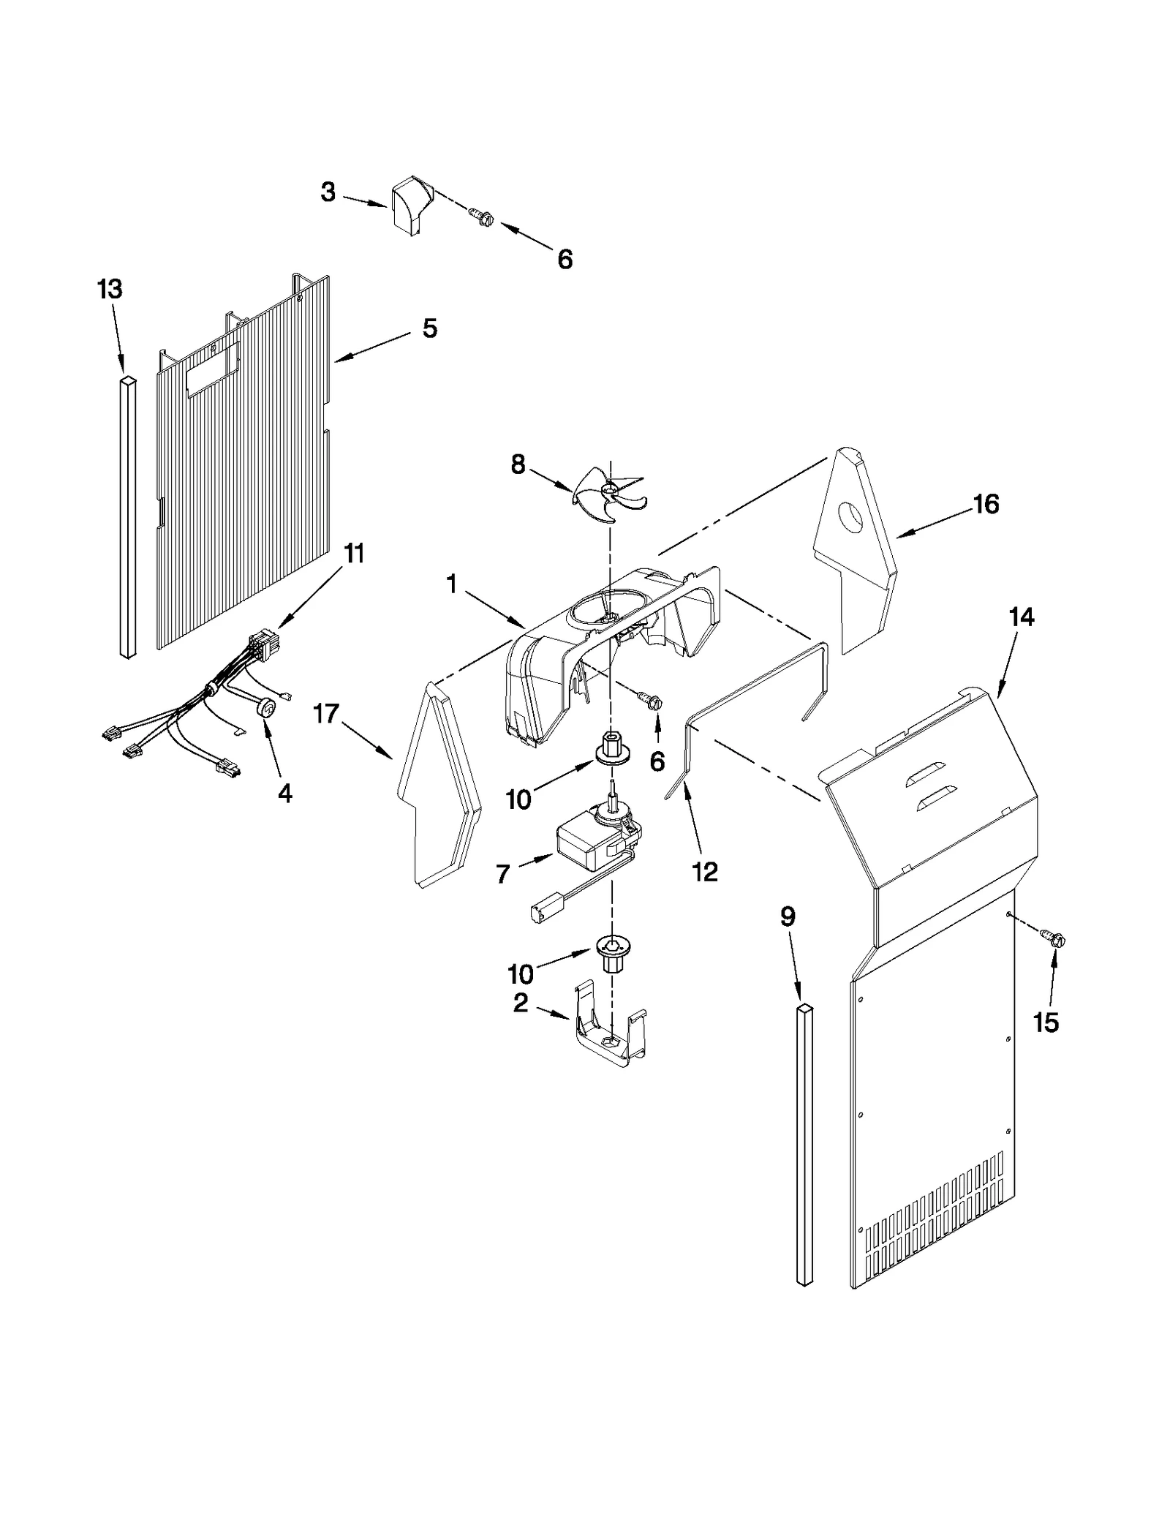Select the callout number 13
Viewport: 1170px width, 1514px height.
(x=110, y=290)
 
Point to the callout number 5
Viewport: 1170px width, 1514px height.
(x=430, y=328)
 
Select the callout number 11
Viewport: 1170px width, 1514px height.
(x=354, y=554)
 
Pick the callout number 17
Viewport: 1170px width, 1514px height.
(x=326, y=712)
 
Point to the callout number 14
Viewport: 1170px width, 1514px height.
(x=1022, y=617)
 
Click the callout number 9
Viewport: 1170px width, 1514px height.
(x=788, y=916)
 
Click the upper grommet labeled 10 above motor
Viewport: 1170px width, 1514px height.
(x=608, y=750)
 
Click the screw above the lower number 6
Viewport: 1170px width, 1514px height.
(x=651, y=701)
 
